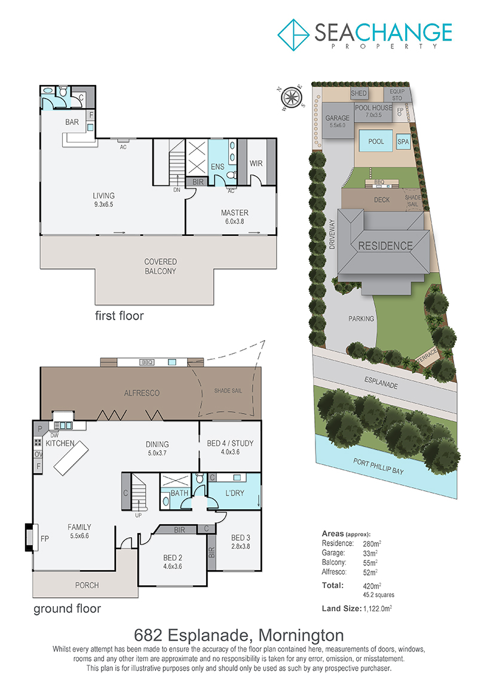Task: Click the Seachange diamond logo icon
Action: pos(293,35)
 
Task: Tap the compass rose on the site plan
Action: pos(292,97)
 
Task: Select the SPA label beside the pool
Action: pos(403,142)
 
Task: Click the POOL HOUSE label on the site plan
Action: pos(373,108)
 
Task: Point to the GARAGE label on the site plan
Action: pos(338,118)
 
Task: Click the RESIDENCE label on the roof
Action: pos(385,246)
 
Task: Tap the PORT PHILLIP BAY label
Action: pos(378,466)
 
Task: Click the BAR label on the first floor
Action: pos(72,122)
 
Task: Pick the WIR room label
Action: pos(256,163)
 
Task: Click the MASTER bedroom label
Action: pos(234,213)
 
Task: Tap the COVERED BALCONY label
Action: pos(160,267)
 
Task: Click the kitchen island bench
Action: pos(71,458)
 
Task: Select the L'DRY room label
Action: pos(234,493)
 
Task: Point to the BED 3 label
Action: pos(241,537)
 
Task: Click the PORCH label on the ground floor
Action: pos(87,585)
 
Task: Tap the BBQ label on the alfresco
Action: pos(147,362)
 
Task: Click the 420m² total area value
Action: pos(372,586)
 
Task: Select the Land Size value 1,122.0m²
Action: pos(378,608)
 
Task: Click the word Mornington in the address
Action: pos(301,635)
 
